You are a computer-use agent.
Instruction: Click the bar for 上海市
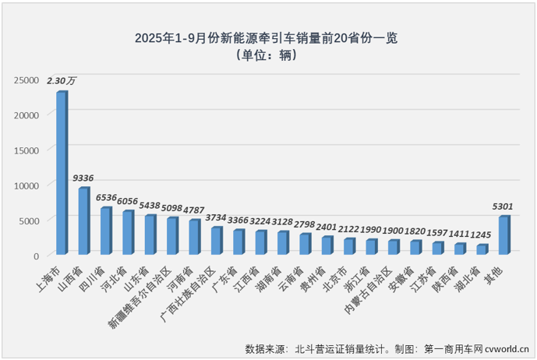pyautogui.click(x=61, y=173)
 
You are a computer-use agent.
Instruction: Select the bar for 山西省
pyautogui.click(x=83, y=221)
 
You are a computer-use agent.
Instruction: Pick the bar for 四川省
pyautogui.click(x=105, y=231)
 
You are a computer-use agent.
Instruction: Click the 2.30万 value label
pyautogui.click(x=62, y=80)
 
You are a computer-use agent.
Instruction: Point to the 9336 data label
pyautogui.click(x=83, y=178)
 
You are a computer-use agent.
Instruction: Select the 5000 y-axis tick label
pyautogui.click(x=29, y=221)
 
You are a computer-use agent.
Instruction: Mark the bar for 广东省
pyautogui.click(x=238, y=242)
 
